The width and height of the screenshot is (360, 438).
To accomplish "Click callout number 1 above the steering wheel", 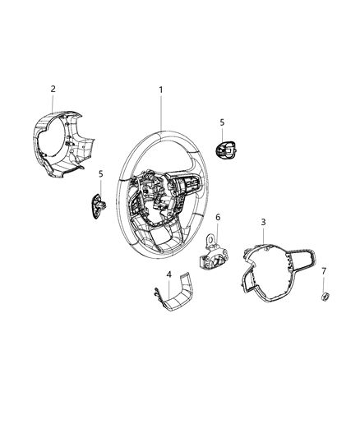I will click(x=161, y=90).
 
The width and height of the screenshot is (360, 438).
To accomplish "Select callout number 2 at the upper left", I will click(x=53, y=89).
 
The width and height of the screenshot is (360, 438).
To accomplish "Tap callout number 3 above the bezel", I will click(x=262, y=222).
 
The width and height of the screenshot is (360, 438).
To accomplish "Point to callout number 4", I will click(x=168, y=274).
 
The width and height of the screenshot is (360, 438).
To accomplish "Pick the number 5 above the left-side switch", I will click(x=100, y=174).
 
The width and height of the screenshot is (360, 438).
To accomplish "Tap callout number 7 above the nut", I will click(x=323, y=270).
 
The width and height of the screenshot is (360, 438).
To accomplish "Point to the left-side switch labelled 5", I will click(x=96, y=203).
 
